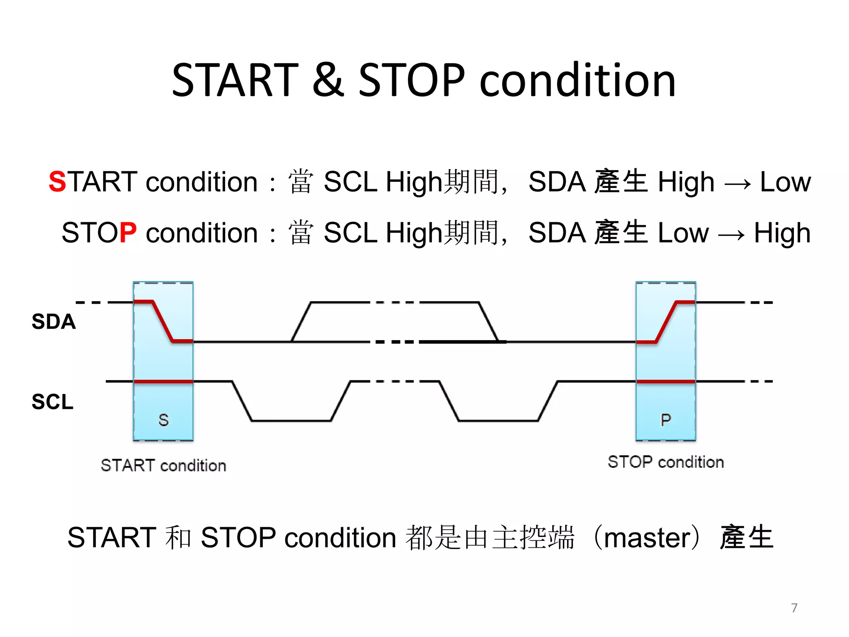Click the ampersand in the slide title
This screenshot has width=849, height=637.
[328, 80]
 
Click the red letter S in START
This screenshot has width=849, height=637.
[57, 182]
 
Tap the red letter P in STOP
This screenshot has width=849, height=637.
[128, 232]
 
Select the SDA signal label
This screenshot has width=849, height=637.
[53, 321]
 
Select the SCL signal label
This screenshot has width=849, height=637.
[53, 401]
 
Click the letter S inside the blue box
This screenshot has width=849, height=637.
[163, 420]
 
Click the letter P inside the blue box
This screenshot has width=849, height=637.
[665, 420]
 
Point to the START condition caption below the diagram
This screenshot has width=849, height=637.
[163, 465]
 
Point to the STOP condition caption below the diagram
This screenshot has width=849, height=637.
[665, 462]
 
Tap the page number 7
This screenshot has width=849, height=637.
[794, 608]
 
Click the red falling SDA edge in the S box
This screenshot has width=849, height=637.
[163, 321]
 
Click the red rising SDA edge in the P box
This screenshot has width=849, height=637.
[667, 321]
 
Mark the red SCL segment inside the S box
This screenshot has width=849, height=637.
[163, 381]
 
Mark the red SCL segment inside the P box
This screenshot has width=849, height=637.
[665, 381]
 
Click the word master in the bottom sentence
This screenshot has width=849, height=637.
[647, 537]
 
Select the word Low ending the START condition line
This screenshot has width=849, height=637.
[785, 182]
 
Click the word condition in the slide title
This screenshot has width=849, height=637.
[577, 80]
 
